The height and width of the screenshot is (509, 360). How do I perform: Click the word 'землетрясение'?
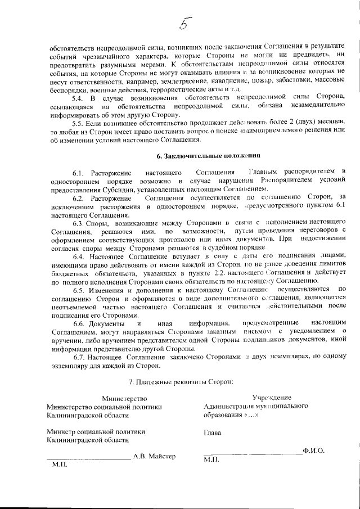(x=160, y=82)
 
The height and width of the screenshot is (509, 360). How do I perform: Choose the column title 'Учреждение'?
(x=272, y=398)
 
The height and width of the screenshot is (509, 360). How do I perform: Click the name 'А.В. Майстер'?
(x=154, y=456)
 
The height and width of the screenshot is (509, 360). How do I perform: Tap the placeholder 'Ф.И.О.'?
(x=313, y=451)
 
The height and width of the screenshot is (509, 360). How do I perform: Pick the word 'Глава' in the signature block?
(x=212, y=433)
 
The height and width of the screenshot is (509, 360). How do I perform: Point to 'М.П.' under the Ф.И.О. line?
(x=211, y=460)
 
